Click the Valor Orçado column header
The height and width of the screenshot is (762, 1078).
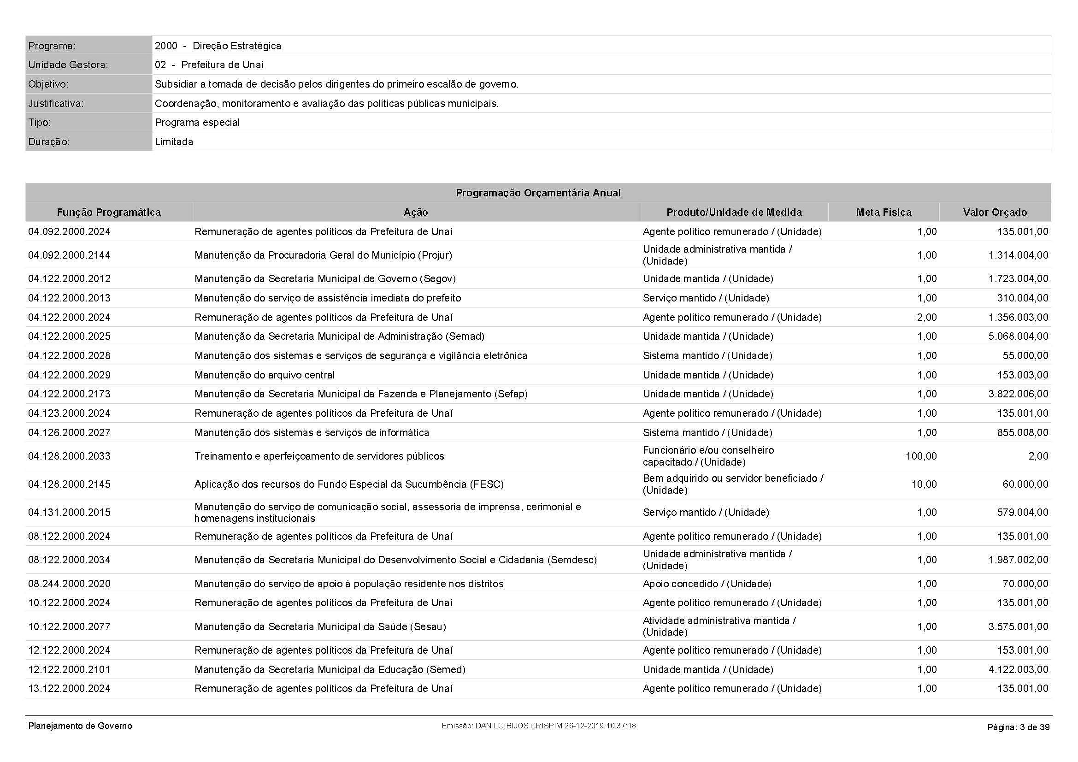995,212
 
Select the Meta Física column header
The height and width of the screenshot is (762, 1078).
883,212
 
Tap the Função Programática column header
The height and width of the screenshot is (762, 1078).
108,212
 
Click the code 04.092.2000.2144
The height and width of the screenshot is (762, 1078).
70,255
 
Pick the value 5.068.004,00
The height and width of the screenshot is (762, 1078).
1018,336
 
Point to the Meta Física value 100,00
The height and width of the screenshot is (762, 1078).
921,456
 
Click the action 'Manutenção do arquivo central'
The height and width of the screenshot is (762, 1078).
265,375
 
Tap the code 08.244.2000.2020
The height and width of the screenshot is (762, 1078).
70,584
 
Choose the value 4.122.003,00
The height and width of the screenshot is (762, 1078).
1018,669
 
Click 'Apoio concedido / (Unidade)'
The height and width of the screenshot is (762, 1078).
707,584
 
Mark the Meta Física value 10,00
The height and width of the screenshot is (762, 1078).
924,484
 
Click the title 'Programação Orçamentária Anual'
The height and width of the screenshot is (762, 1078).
538,193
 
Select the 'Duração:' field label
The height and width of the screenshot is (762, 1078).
49,142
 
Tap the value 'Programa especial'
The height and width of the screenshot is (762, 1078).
197,123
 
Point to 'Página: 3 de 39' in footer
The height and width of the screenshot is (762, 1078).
1018,727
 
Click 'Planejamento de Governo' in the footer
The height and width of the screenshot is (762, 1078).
80,726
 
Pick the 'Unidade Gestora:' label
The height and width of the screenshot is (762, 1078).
68,65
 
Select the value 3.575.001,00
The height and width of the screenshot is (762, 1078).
1018,626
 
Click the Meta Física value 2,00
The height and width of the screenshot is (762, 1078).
926,317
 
